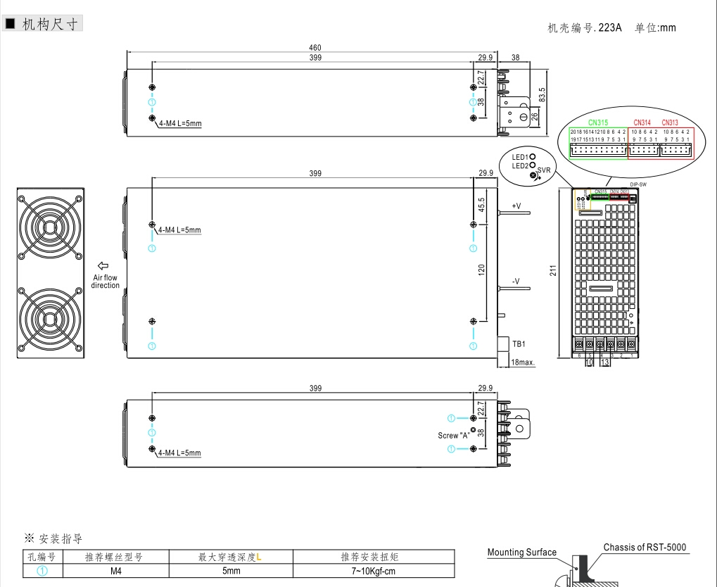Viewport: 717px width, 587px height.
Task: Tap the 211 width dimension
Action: (554, 270)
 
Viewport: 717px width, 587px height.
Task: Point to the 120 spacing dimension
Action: (482, 271)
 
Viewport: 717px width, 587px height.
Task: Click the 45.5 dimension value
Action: (482, 205)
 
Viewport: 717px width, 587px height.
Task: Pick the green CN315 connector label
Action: (598, 122)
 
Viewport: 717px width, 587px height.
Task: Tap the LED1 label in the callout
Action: (519, 156)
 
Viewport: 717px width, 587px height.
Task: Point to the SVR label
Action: (544, 170)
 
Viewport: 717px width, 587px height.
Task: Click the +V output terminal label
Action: (516, 206)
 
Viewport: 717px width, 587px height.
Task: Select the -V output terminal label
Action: (516, 282)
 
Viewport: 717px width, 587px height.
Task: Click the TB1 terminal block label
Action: (519, 344)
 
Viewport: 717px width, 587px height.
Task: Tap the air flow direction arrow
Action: (103, 265)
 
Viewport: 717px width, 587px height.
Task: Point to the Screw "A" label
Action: (453, 435)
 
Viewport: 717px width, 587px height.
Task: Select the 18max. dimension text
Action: (523, 362)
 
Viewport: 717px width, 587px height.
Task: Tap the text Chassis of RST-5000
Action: (644, 548)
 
